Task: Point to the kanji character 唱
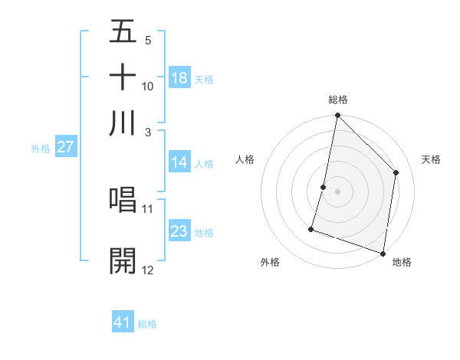click(x=123, y=200)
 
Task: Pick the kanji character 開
click(x=123, y=260)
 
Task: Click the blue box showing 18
click(x=179, y=78)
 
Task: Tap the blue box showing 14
click(x=179, y=162)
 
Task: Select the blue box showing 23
click(x=179, y=231)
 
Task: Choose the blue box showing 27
click(x=65, y=147)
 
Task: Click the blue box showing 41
click(x=123, y=322)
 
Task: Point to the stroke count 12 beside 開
click(x=148, y=270)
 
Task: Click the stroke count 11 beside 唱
click(x=148, y=208)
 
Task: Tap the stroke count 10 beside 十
click(x=148, y=87)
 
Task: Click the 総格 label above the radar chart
click(x=337, y=100)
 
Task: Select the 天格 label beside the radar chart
click(x=431, y=159)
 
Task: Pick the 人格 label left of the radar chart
click(x=245, y=159)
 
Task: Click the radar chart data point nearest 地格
click(x=383, y=253)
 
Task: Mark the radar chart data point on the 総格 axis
click(x=337, y=116)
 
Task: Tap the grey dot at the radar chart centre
click(x=337, y=191)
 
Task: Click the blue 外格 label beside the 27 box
click(x=41, y=149)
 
